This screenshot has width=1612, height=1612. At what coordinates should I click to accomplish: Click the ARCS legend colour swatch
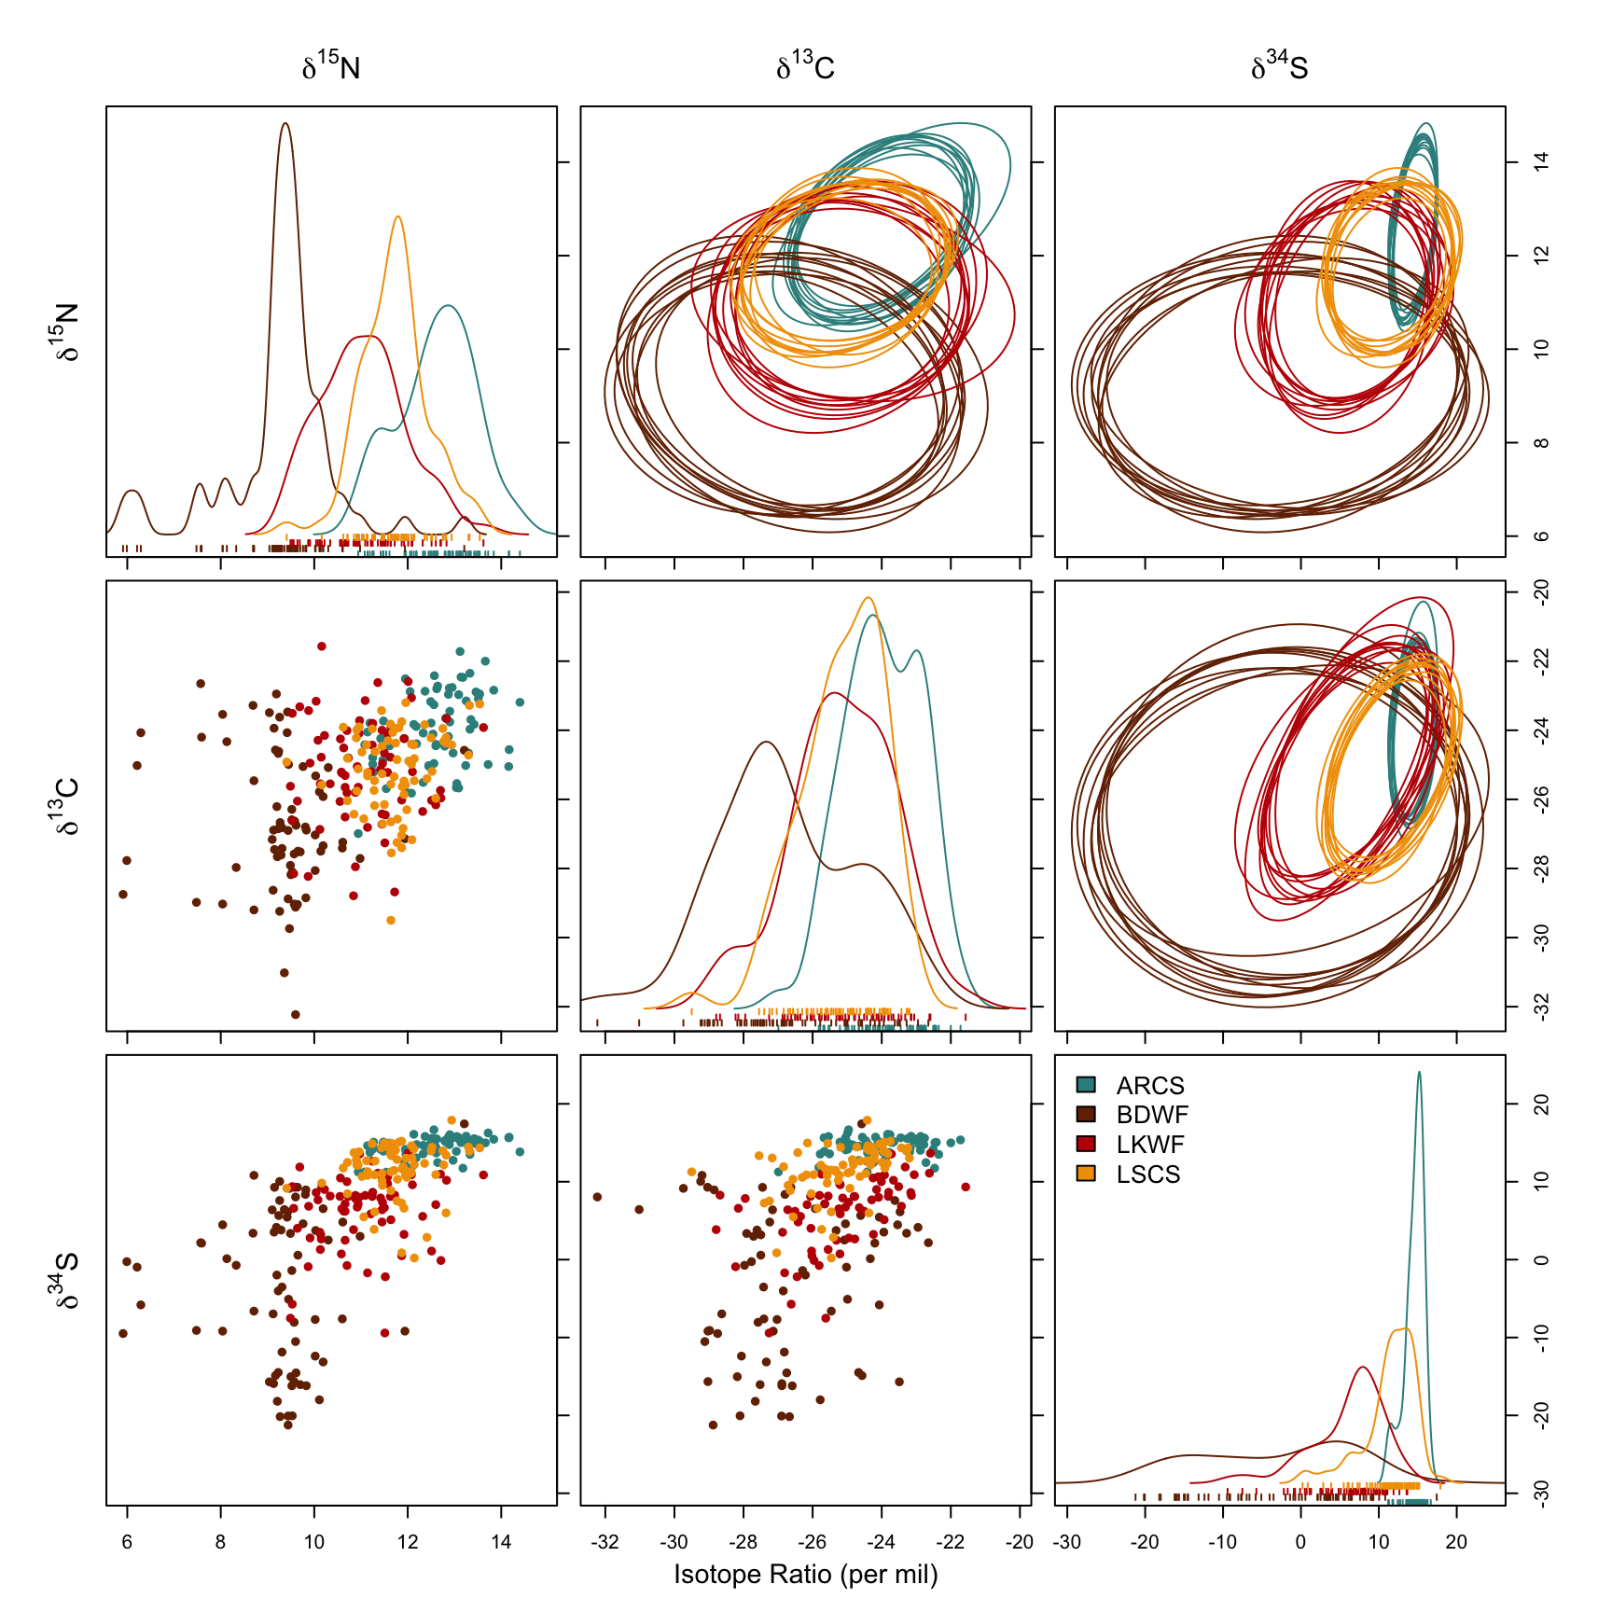point(1086,1085)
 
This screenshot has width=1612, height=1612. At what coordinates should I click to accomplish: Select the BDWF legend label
point(1152,1115)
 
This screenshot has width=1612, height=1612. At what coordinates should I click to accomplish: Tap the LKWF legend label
point(1150,1145)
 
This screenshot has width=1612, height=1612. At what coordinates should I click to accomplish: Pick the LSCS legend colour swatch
point(1086,1174)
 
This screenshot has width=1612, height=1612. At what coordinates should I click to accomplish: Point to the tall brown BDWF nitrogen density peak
point(285,124)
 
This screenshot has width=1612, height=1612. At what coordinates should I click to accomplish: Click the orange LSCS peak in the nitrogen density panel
point(398,217)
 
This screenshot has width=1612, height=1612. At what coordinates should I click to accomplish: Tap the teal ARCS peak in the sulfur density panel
point(1419,1073)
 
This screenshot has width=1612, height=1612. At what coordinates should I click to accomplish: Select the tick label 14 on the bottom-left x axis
point(501,1541)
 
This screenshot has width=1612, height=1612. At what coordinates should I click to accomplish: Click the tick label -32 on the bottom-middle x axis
point(604,1541)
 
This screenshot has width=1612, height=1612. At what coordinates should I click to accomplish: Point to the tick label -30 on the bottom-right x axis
point(1066,1541)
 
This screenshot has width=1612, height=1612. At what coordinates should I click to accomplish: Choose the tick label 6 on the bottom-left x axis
point(127,1541)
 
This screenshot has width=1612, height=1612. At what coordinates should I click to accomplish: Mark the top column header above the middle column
point(805,66)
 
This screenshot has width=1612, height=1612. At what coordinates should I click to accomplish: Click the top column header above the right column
point(1279,66)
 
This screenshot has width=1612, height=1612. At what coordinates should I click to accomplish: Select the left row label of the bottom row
point(66,1279)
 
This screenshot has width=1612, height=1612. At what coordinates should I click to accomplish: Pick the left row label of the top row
point(66,331)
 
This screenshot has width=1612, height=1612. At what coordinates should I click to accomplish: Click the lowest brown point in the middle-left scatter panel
point(296,1014)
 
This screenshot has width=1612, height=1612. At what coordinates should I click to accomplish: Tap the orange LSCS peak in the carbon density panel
point(869,598)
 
